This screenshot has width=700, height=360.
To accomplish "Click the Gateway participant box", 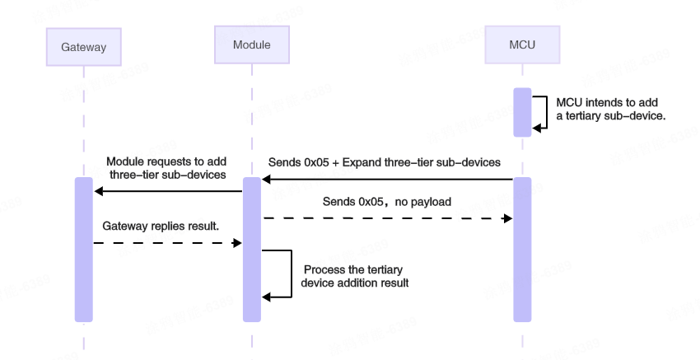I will [83, 47].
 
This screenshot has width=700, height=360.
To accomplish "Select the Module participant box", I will [251, 44].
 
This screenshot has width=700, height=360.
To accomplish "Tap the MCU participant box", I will [522, 44].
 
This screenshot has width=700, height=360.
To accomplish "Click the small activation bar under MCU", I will [522, 112].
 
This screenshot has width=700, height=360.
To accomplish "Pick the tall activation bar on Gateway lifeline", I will [83, 249].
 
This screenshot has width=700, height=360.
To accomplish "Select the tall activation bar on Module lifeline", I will [251, 249].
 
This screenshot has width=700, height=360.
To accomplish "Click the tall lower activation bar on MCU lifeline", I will [522, 249].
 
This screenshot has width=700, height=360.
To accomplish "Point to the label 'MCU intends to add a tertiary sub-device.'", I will [610, 109].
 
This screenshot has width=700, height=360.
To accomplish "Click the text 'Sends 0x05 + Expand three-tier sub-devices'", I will [384, 162].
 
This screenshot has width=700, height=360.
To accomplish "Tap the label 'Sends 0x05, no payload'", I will [386, 202].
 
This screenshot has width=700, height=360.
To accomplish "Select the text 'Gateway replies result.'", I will [161, 226].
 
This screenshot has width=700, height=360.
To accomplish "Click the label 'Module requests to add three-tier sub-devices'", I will [166, 168].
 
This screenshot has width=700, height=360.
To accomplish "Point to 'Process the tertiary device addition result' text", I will [355, 276].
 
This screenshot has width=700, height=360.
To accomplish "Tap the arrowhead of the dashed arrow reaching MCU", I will [508, 218].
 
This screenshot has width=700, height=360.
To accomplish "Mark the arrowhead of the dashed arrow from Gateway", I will [237, 243].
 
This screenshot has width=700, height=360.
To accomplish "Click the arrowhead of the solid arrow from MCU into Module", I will [267, 179].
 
